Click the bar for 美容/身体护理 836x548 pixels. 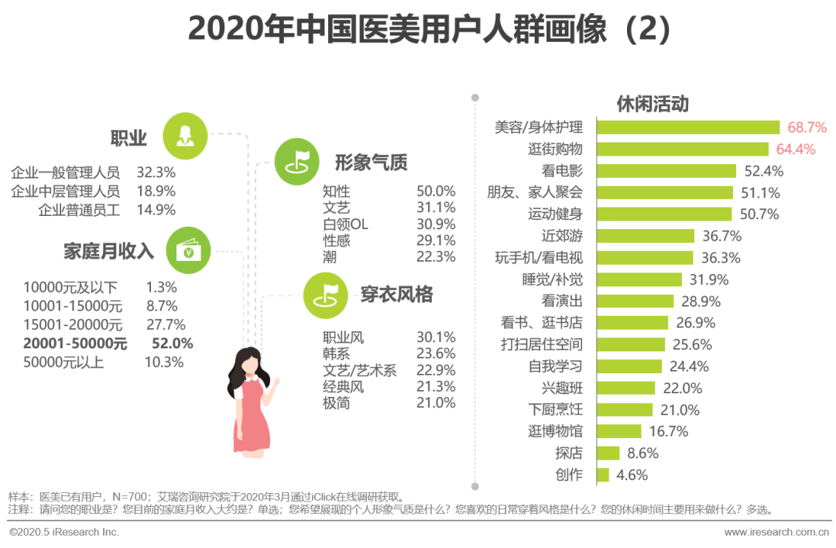coord(688,128)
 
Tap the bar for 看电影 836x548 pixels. coord(666,171)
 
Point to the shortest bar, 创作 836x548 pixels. coord(603,474)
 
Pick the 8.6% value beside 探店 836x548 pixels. coord(642,454)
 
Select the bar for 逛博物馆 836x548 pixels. coord(619,431)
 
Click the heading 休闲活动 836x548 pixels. coord(653,104)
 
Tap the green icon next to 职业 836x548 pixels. coord(185,136)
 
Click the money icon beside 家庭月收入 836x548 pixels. coord(188,249)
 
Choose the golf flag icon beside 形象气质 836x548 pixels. coord(297,161)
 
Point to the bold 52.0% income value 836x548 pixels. coord(174,344)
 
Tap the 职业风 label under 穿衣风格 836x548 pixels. coord(343,337)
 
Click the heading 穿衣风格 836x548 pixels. coord(396,295)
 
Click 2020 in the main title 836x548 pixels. coord(219,29)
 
